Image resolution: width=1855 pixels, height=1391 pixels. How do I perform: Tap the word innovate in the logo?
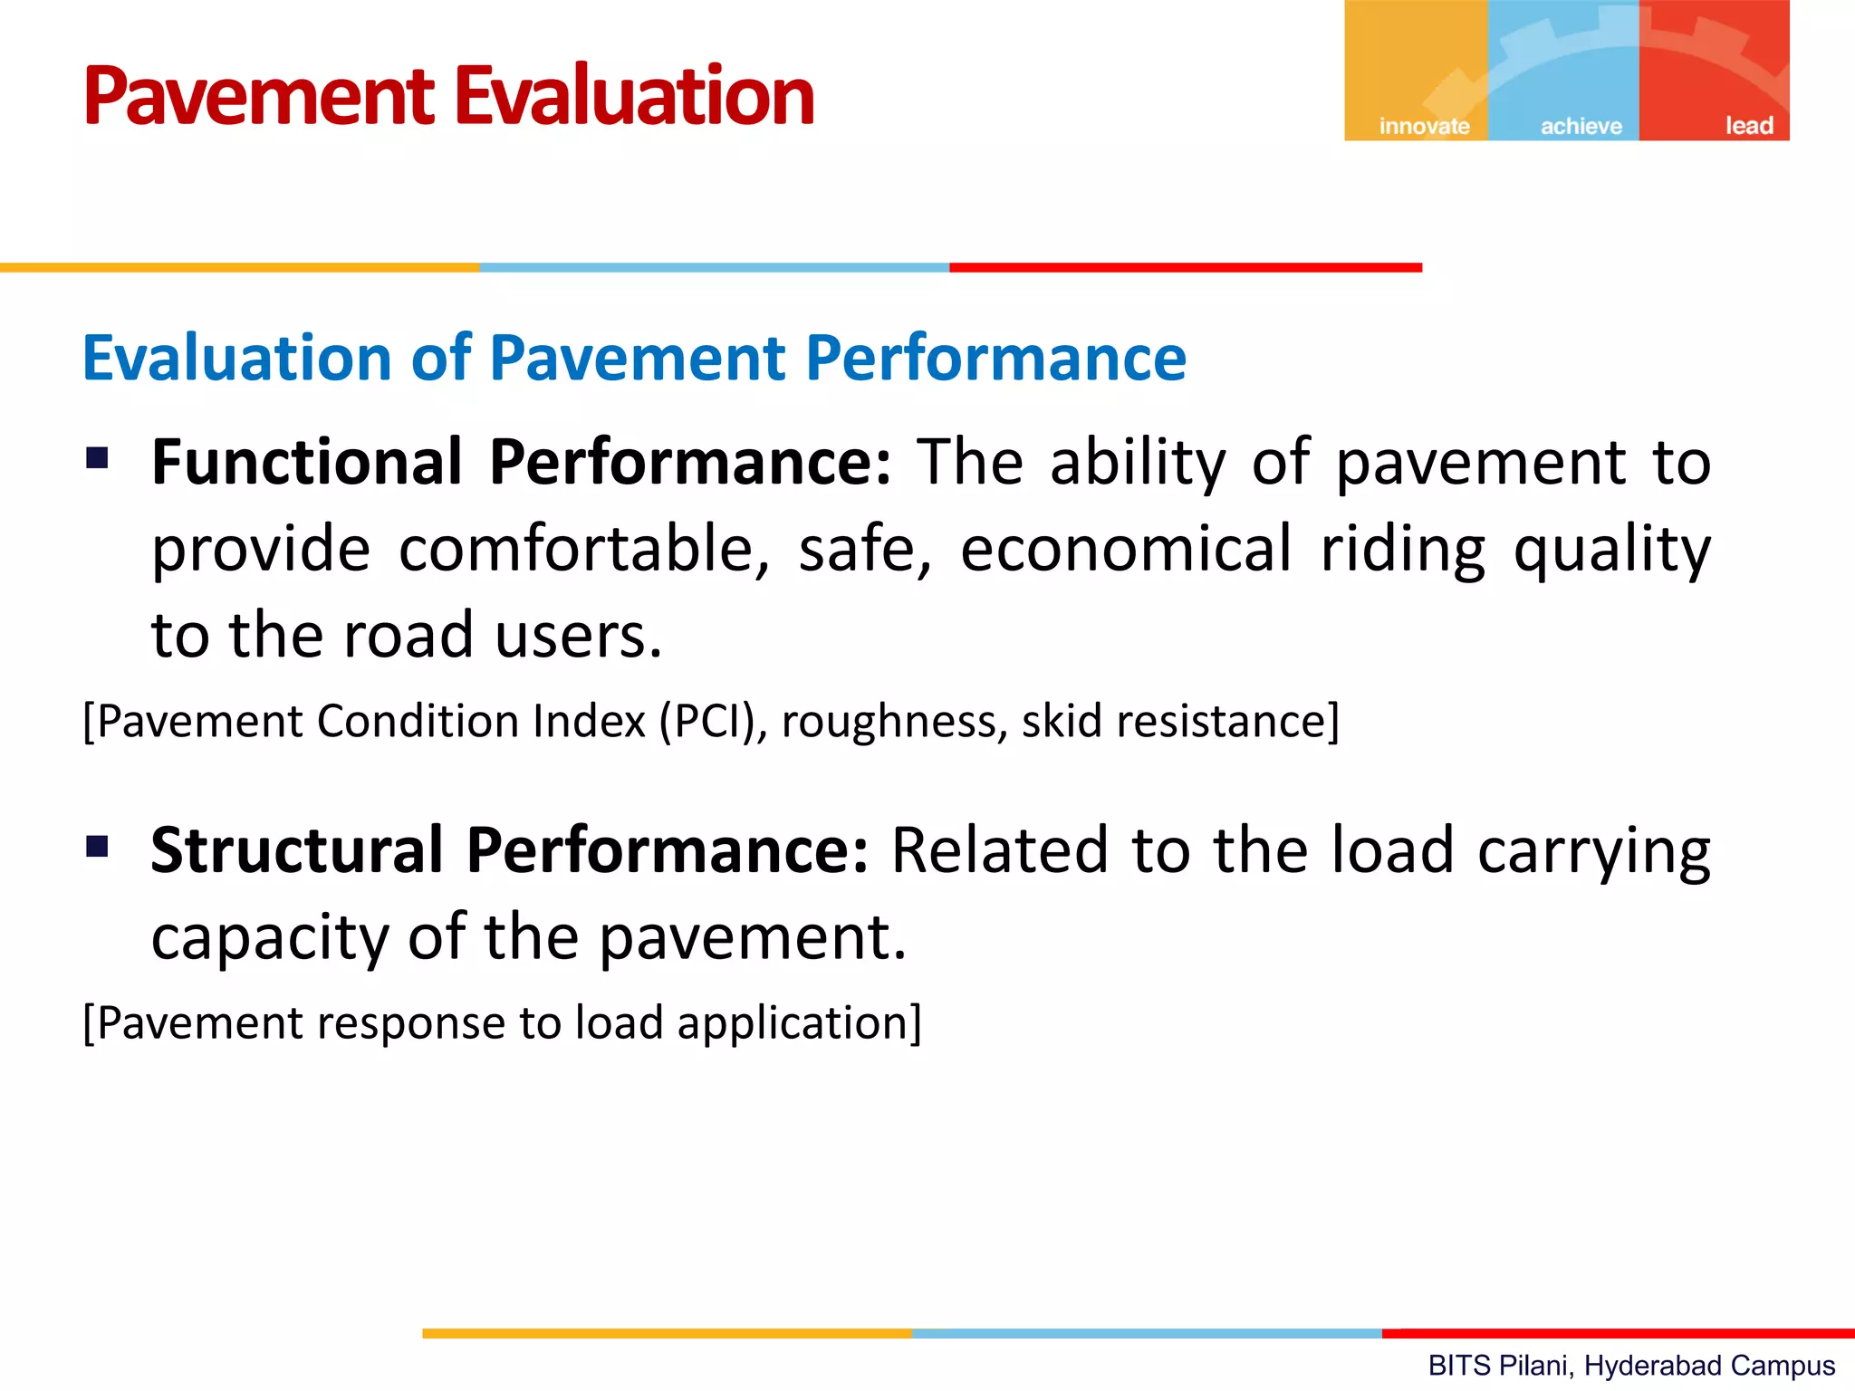(1424, 126)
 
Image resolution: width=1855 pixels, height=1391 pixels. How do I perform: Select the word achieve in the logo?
(1581, 126)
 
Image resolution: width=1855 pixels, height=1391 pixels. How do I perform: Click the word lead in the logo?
(1748, 126)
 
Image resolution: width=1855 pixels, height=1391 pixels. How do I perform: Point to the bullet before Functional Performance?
(97, 458)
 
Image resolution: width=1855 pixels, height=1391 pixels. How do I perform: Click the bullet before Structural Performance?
(97, 847)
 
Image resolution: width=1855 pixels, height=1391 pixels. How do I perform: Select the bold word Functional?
(307, 462)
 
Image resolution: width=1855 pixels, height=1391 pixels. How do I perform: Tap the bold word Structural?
(296, 850)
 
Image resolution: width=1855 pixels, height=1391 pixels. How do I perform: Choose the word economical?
(1125, 549)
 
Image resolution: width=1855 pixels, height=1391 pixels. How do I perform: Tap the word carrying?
(1593, 852)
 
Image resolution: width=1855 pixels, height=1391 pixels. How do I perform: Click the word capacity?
(270, 938)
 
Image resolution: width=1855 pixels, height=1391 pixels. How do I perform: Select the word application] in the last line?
(799, 1023)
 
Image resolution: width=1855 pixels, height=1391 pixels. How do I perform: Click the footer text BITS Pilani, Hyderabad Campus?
(1630, 1365)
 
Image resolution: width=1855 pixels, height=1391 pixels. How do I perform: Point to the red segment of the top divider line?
(1185, 267)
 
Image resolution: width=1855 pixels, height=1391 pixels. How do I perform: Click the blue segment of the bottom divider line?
(1146, 1333)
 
